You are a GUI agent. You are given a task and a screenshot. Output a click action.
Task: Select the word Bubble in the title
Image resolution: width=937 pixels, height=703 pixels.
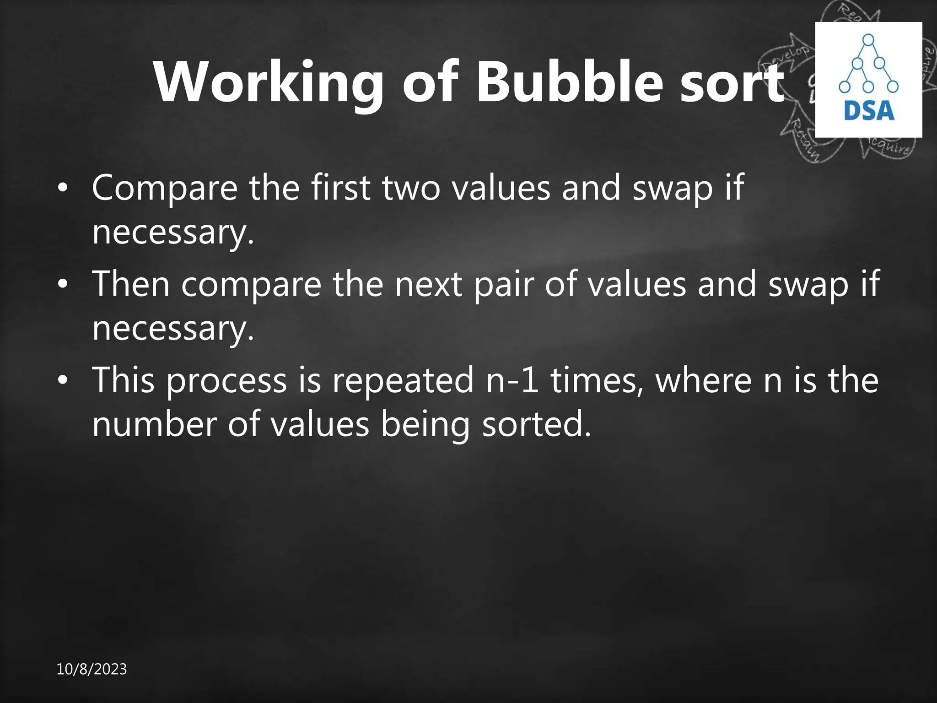[569, 82]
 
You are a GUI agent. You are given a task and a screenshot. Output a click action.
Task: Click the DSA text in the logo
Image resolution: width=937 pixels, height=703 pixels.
[869, 111]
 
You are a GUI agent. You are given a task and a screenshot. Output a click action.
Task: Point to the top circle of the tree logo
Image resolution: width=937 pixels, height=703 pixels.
[868, 40]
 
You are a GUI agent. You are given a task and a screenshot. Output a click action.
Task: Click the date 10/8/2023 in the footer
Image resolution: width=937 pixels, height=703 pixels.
[92, 669]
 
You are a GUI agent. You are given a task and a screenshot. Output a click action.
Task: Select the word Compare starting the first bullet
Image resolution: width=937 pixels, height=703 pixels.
[165, 188]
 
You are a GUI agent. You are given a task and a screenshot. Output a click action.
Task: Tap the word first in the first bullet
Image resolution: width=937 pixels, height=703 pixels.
[340, 187]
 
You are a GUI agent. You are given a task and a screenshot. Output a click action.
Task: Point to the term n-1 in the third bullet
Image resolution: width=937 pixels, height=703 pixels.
[512, 380]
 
